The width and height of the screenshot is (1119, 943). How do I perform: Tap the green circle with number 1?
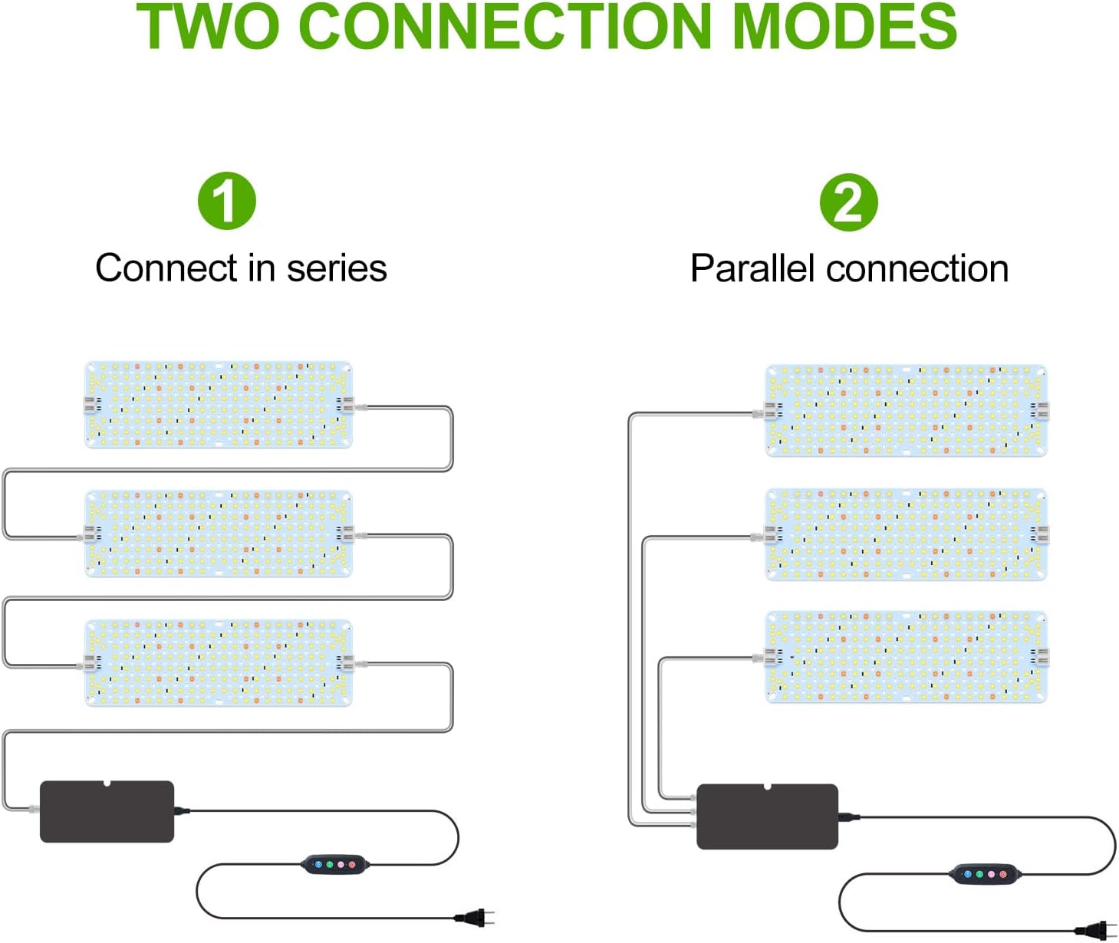[226, 201]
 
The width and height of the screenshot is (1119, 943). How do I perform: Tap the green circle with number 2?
[848, 202]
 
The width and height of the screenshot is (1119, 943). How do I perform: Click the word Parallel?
[752, 269]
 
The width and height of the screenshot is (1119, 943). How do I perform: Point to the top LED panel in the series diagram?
[219, 405]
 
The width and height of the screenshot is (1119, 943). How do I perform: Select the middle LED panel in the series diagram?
[219, 534]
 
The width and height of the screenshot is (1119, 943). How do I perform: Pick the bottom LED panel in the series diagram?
[219, 662]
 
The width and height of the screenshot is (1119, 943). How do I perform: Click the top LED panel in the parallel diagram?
[907, 411]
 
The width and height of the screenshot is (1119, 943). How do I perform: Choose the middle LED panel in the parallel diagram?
[907, 534]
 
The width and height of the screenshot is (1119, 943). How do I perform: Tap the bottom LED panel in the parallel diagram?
[907, 656]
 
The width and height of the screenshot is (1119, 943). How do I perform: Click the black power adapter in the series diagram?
[107, 812]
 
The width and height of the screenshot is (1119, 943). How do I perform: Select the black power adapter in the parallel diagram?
[767, 816]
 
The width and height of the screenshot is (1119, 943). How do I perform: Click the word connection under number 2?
[918, 269]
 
